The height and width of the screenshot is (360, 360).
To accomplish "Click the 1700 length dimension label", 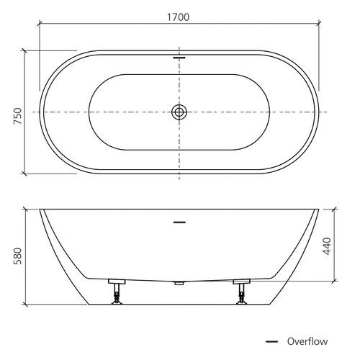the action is pos(178,17).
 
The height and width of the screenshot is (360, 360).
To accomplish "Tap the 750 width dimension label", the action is pos(17,116).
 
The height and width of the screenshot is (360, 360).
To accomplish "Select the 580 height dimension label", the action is pos(17,256).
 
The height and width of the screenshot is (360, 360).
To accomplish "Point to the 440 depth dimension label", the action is pos(327,246).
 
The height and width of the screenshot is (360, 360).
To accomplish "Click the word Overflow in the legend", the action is pos(307,341).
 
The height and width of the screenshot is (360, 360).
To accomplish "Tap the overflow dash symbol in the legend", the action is pos(271,341).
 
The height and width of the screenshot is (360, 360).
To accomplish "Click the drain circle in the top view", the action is pos(179,112).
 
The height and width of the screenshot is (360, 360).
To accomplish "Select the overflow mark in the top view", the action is pos(179,58).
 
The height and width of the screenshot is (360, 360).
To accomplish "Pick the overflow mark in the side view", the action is pos(179,222).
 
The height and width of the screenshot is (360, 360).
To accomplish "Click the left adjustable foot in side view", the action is pos(117,292).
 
